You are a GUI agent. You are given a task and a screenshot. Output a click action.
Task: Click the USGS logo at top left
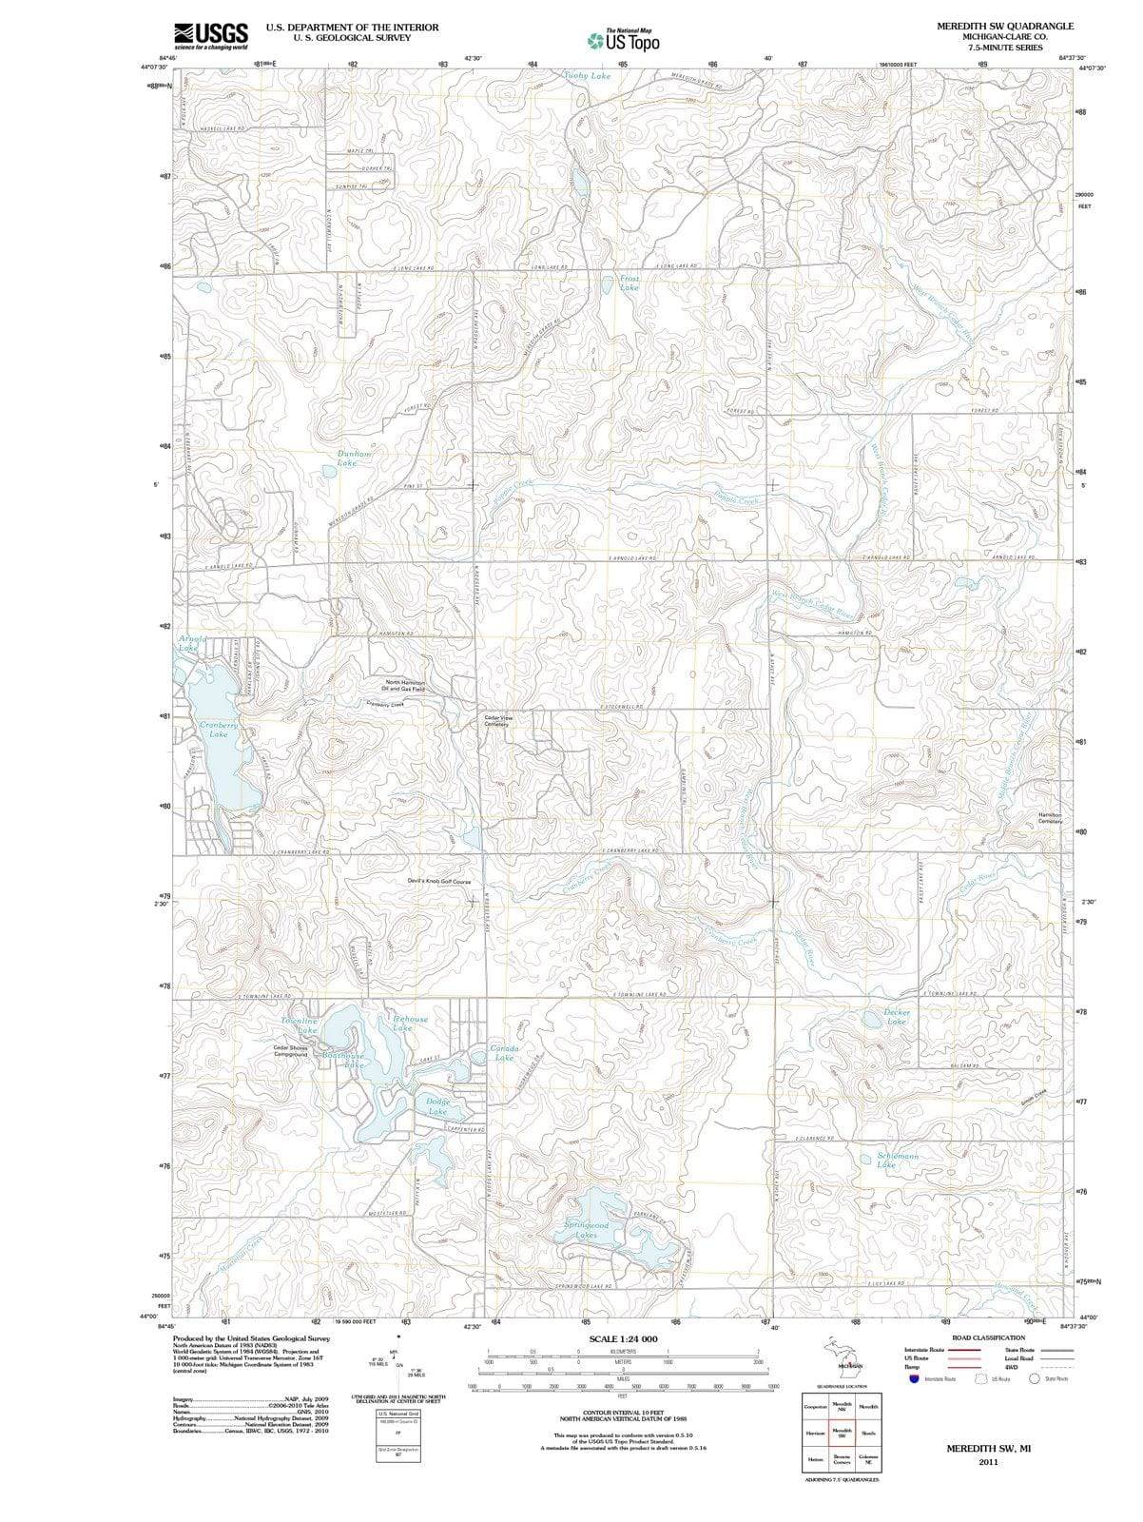click(x=211, y=36)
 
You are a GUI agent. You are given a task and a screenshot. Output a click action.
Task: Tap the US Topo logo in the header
click(x=623, y=40)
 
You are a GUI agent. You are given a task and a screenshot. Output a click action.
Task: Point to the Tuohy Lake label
click(x=587, y=75)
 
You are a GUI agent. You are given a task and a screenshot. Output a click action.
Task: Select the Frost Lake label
click(x=629, y=283)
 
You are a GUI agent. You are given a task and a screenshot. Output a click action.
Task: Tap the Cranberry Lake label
click(x=219, y=730)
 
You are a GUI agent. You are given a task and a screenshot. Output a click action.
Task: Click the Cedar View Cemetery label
click(x=498, y=721)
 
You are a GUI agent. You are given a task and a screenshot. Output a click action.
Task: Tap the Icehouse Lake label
click(x=410, y=1023)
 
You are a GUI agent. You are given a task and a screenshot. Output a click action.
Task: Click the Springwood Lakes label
click(x=587, y=1230)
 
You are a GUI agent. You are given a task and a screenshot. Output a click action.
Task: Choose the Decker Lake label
click(x=898, y=1016)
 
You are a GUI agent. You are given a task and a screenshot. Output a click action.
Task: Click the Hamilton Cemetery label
click(x=1050, y=818)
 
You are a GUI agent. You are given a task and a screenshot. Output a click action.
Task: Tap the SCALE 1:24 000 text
click(x=623, y=1338)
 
